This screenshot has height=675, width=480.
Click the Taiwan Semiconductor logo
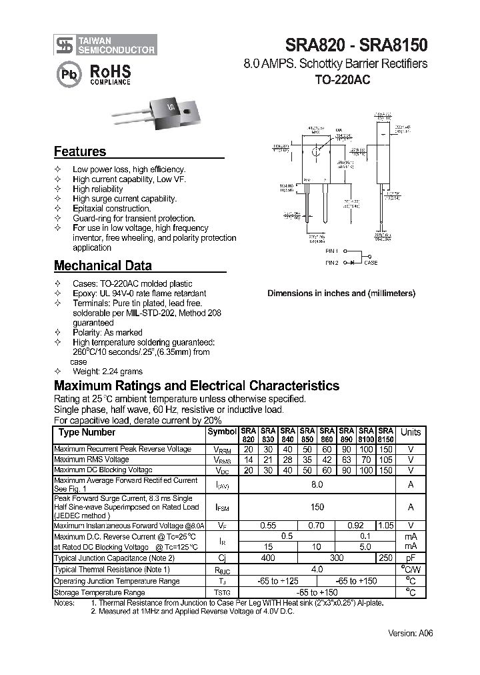pyautogui.click(x=105, y=45)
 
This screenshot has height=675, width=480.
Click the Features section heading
pyautogui.click(x=79, y=151)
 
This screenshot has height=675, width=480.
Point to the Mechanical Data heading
pyautogui.click(x=103, y=265)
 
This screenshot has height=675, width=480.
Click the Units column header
pyautogui.click(x=411, y=432)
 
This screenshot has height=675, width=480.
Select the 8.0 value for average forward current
pyautogui.click(x=317, y=484)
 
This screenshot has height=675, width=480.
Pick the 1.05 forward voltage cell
pyautogui.click(x=386, y=526)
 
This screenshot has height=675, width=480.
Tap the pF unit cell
pyautogui.click(x=411, y=558)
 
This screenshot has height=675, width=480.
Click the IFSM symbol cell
pyautogui.click(x=221, y=508)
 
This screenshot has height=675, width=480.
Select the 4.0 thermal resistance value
pyautogui.click(x=317, y=569)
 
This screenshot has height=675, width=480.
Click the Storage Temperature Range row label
pyautogui.click(x=99, y=592)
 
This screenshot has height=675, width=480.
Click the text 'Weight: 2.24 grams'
pyautogui.click(x=107, y=372)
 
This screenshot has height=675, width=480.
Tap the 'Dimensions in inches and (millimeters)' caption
pyautogui.click(x=341, y=293)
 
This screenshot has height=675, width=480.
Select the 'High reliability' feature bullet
pyautogui.click(x=97, y=189)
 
